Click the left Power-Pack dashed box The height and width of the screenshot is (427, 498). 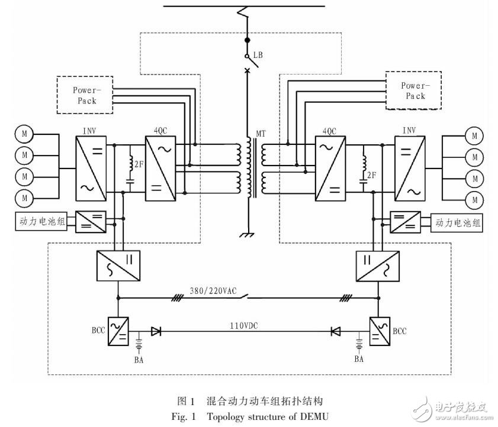coord(85,95)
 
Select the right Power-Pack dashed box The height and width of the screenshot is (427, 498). coord(413,90)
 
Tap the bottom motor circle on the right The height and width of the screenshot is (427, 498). coord(474,198)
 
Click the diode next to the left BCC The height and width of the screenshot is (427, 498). coord(156,332)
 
